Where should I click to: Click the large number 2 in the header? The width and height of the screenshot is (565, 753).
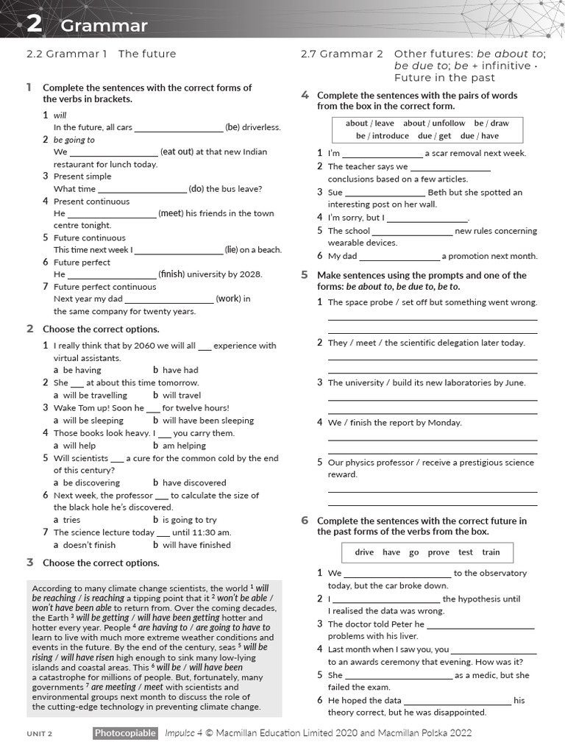tap(34, 24)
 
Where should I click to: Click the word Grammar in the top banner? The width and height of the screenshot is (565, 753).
tap(104, 26)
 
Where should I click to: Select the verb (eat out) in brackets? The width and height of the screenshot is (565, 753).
tap(214, 151)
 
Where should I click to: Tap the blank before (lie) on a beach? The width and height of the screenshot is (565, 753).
tap(179, 250)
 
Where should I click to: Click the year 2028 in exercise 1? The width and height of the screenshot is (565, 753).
tap(249, 274)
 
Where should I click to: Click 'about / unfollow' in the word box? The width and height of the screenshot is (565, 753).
tap(434, 124)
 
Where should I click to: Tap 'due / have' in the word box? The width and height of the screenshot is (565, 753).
tap(480, 136)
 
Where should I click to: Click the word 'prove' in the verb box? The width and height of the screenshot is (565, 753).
tap(438, 552)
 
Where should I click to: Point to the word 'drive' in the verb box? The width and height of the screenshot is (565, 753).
tap(364, 552)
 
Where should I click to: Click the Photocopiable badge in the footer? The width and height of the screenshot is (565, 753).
tap(125, 733)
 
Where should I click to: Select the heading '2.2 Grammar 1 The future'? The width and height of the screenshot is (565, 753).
tap(101, 54)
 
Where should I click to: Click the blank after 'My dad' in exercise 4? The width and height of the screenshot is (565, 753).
tap(399, 257)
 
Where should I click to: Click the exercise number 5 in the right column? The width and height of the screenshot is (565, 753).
tap(305, 275)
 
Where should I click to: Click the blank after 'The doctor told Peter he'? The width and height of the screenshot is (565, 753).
tap(482, 625)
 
